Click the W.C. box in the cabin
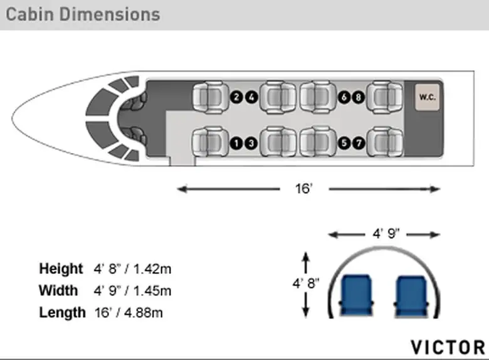click(x=427, y=97)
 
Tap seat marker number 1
click(x=236, y=143)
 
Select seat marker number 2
click(x=236, y=97)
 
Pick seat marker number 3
click(x=251, y=143)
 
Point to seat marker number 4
click(x=251, y=97)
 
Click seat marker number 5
click(x=344, y=143)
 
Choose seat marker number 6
click(x=344, y=97)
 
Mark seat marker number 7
click(x=359, y=143)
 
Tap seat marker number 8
click(x=359, y=97)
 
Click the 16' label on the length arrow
click(x=304, y=189)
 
